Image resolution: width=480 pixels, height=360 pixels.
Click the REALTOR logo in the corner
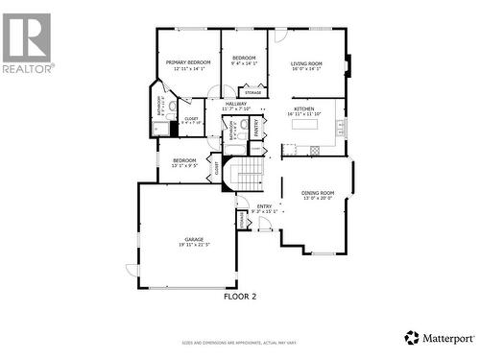pyautogui.click(x=27, y=42)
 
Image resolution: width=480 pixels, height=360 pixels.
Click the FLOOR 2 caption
pyautogui.click(x=240, y=297)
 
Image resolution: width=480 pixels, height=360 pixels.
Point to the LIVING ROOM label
pyautogui.click(x=306, y=63)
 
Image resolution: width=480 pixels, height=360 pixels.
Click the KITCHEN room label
pyautogui.click(x=305, y=108)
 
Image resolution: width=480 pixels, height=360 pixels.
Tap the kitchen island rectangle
pyautogui.click(x=305, y=125)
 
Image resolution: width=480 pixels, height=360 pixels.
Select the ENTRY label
pyautogui.click(x=263, y=205)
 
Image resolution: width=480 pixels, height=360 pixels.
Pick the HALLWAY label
pyautogui.click(x=235, y=104)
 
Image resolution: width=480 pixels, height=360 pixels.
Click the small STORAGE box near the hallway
pyautogui.click(x=252, y=91)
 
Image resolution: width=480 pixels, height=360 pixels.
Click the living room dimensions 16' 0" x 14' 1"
pyautogui.click(x=306, y=69)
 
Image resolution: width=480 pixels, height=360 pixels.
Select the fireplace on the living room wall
pyautogui.click(x=348, y=65)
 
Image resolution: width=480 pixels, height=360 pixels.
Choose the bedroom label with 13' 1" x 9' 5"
pyautogui.click(x=184, y=159)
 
